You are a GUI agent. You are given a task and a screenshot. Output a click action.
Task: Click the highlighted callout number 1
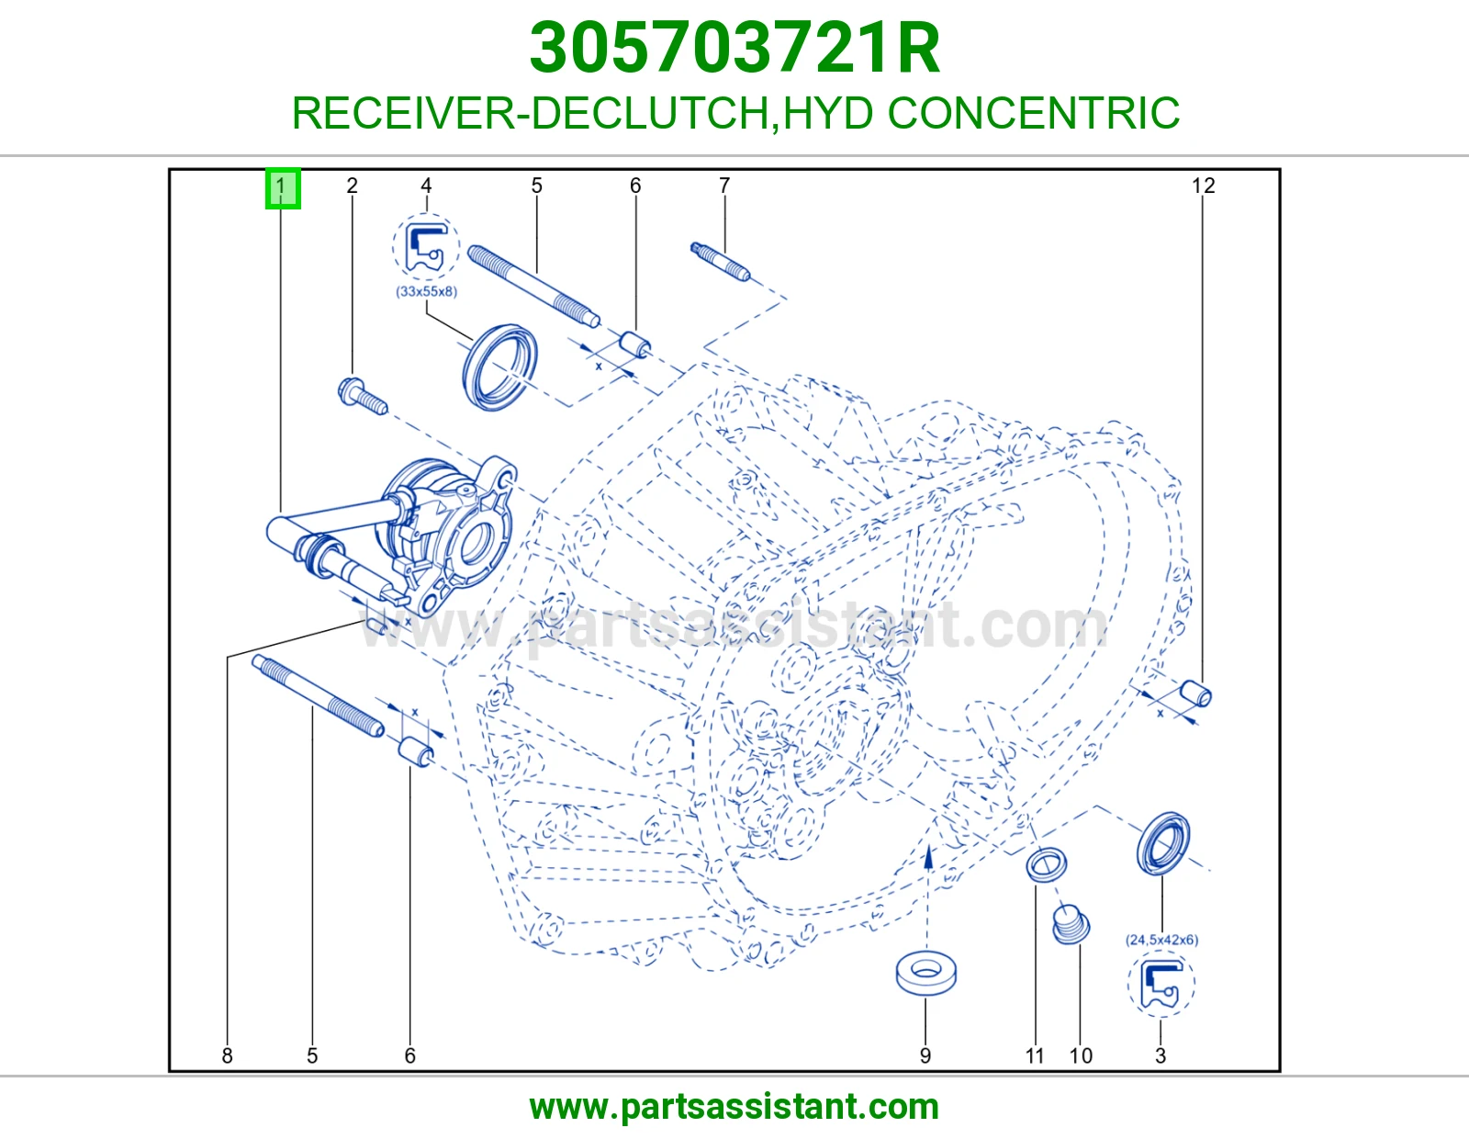[283, 188]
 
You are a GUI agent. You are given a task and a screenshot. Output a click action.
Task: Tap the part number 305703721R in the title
[734, 48]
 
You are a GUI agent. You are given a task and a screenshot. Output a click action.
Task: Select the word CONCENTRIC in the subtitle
[1034, 113]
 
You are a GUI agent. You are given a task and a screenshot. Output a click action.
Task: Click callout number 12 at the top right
[1203, 186]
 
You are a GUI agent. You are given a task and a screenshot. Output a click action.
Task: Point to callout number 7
[724, 186]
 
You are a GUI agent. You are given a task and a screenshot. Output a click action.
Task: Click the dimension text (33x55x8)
[426, 291]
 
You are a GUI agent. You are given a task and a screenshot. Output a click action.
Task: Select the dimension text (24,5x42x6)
[1161, 940]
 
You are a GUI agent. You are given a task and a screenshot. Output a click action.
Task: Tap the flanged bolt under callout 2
[363, 394]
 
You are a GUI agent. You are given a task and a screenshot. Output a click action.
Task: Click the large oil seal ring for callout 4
[499, 367]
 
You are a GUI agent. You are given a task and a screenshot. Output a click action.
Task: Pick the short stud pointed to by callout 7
[720, 261]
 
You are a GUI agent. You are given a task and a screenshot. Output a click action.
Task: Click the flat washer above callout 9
[925, 974]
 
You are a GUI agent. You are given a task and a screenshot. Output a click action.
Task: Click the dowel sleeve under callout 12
[1195, 694]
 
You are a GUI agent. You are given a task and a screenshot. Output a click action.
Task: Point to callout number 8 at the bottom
[227, 1055]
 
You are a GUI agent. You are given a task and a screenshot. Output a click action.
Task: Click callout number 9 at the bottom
[925, 1055]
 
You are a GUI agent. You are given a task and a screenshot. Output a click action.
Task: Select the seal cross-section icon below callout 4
[426, 247]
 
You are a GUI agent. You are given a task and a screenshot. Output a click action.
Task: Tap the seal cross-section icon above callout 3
[1161, 984]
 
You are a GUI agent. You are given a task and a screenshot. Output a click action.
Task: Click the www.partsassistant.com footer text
[734, 1107]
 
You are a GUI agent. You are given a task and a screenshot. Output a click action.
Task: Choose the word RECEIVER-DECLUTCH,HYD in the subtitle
[582, 113]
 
